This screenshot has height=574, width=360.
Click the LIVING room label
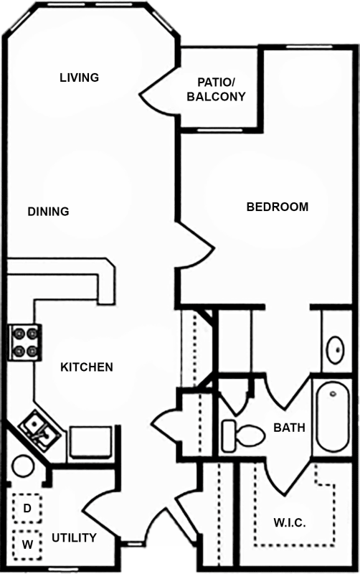pyautogui.click(x=80, y=77)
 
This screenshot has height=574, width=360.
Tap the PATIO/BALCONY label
pyautogui.click(x=216, y=89)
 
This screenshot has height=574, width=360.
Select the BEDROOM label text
pyautogui.click(x=278, y=207)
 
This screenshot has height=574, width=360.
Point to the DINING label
pyautogui.click(x=48, y=211)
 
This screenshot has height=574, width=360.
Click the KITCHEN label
pyautogui.click(x=87, y=367)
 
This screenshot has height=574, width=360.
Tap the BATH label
pyautogui.click(x=290, y=427)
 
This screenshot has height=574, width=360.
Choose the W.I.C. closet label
pyautogui.click(x=290, y=522)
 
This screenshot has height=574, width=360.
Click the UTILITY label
pyautogui.click(x=75, y=537)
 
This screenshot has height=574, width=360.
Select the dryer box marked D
pyautogui.click(x=27, y=508)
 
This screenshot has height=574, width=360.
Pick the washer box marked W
pyautogui.click(x=27, y=545)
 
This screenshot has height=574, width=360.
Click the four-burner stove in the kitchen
pyautogui.click(x=25, y=342)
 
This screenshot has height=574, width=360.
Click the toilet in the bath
pyautogui.click(x=243, y=436)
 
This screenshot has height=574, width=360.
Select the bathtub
pyautogui.click(x=333, y=417)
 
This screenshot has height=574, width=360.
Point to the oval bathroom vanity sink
pyautogui.click(x=336, y=349)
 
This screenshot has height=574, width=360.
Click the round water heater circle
pyautogui.click(x=23, y=466)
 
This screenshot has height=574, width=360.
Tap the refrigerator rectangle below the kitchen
pyautogui.click(x=91, y=442)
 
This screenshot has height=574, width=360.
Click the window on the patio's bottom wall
pyautogui.click(x=220, y=131)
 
